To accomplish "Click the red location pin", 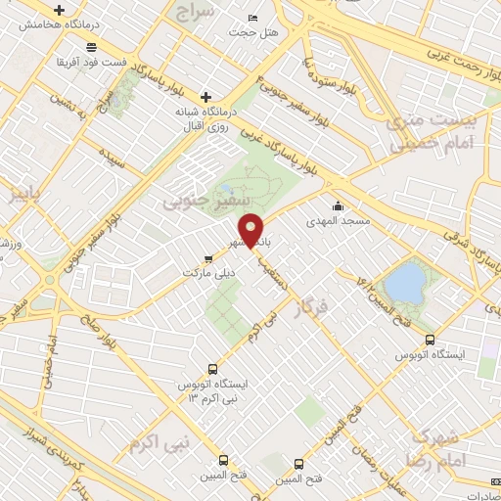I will (x=251, y=229).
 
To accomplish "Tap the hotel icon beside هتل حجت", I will (x=253, y=19).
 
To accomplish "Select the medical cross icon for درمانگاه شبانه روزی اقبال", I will (x=205, y=97).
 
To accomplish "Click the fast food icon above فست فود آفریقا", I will (x=91, y=47).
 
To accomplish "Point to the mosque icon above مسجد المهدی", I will (x=339, y=205).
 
